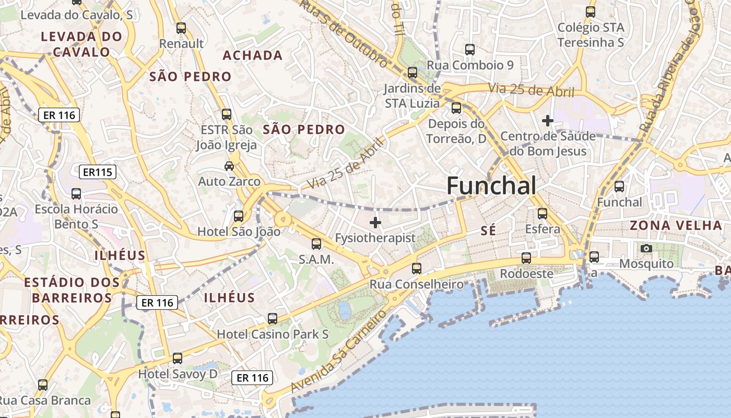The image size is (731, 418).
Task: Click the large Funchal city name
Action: (491, 185)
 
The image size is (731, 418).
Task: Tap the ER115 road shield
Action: (98, 172)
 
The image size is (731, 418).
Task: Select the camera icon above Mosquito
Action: (646, 248)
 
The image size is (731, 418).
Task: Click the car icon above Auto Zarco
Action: (229, 166)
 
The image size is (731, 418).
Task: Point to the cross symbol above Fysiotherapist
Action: (375, 223)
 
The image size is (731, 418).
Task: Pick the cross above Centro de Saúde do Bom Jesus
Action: (547, 121)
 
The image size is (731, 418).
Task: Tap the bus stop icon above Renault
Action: (181, 28)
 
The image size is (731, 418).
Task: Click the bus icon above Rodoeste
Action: (526, 258)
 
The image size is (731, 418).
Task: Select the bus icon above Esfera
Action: (543, 213)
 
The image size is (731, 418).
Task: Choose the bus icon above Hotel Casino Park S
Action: (272, 318)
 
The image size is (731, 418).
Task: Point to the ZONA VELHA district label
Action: (676, 226)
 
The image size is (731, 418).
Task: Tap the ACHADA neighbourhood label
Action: (253, 55)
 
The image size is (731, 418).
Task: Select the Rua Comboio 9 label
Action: (470, 65)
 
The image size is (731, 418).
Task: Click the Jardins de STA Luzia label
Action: (412, 96)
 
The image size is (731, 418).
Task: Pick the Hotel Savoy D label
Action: (178, 374)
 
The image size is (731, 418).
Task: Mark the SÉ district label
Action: (488, 230)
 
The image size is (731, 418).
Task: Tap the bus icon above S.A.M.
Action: (316, 244)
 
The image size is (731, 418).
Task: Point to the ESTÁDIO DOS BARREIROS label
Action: (72, 291)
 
